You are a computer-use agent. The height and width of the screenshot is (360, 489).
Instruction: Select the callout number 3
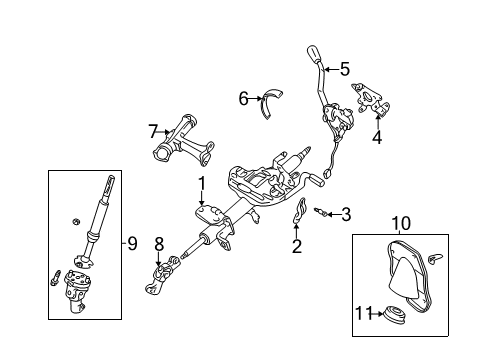click(346, 213)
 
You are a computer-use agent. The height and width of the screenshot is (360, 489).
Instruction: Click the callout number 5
click(345, 69)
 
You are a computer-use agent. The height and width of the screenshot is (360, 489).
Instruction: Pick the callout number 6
click(243, 98)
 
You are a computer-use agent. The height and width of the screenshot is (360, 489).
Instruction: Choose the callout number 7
click(153, 130)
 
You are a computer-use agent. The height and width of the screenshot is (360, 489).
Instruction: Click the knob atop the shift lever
click(313, 53)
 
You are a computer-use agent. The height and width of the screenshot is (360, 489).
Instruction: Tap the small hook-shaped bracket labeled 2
click(299, 214)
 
